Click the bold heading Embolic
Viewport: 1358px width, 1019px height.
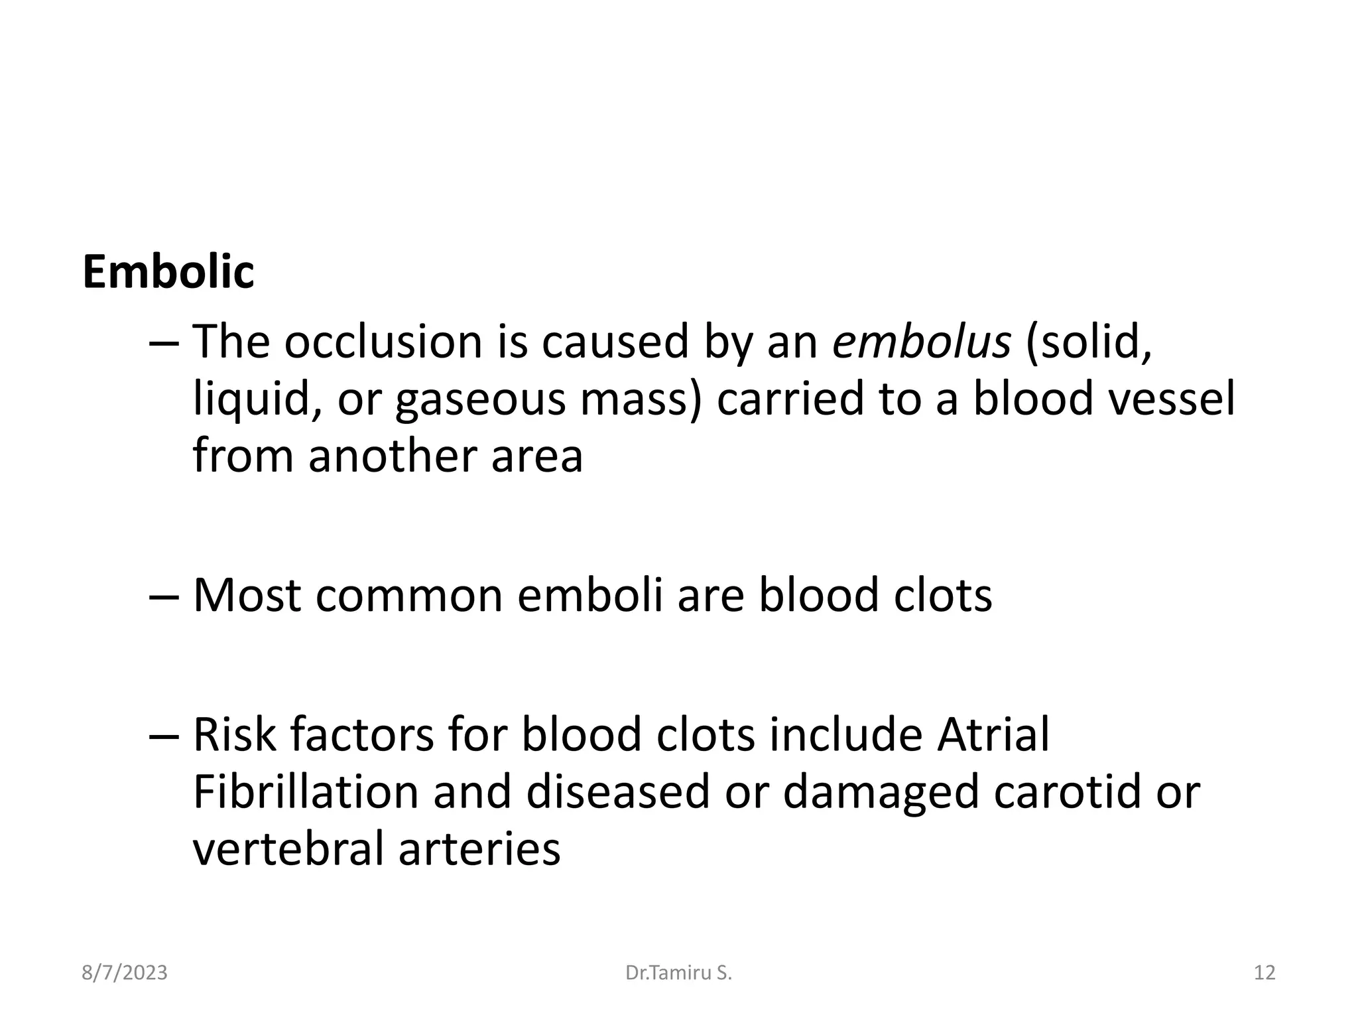pos(168,272)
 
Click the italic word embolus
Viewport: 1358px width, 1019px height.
pos(921,342)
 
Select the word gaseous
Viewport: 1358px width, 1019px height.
pos(481,401)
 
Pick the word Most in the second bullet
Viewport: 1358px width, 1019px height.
pos(247,595)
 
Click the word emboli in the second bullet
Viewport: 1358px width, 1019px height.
pos(589,595)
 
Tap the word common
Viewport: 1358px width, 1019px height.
pos(409,595)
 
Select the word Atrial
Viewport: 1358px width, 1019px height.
pos(993,734)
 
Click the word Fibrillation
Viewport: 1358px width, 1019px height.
pos(306,792)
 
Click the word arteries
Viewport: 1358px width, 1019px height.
pos(479,849)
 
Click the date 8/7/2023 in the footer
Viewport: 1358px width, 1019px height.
pos(125,973)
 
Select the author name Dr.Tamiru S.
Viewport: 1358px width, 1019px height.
pos(678,973)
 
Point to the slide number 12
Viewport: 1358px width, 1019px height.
pos(1265,973)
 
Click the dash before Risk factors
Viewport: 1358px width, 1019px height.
pos(164,736)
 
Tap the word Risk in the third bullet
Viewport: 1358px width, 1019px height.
pos(234,734)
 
